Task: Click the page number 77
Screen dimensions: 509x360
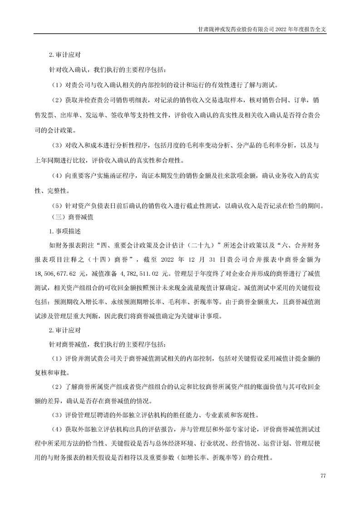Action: (323, 475)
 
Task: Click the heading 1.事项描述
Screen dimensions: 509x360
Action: (64, 231)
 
